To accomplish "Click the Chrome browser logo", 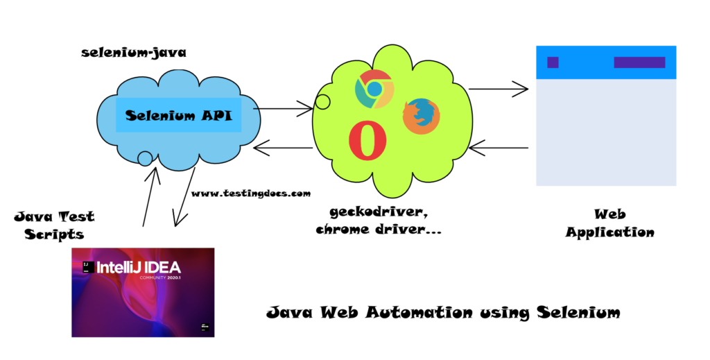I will [374, 89].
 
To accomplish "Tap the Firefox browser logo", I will [421, 115].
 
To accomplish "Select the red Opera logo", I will [367, 142].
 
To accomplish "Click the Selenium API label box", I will [179, 115].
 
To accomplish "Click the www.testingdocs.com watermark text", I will [251, 194].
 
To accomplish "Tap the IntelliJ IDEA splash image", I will [143, 292].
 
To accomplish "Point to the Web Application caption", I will [609, 223].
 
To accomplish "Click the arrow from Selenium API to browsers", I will [284, 108].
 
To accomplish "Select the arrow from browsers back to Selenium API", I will [284, 147].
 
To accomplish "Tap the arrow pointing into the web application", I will [499, 89].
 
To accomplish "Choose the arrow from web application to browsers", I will [499, 147].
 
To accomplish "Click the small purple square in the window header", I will [553, 62].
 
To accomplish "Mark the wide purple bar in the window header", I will [639, 62].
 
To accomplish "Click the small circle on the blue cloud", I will [145, 159].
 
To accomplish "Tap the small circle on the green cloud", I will [322, 102].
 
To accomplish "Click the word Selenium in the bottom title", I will [578, 313].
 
